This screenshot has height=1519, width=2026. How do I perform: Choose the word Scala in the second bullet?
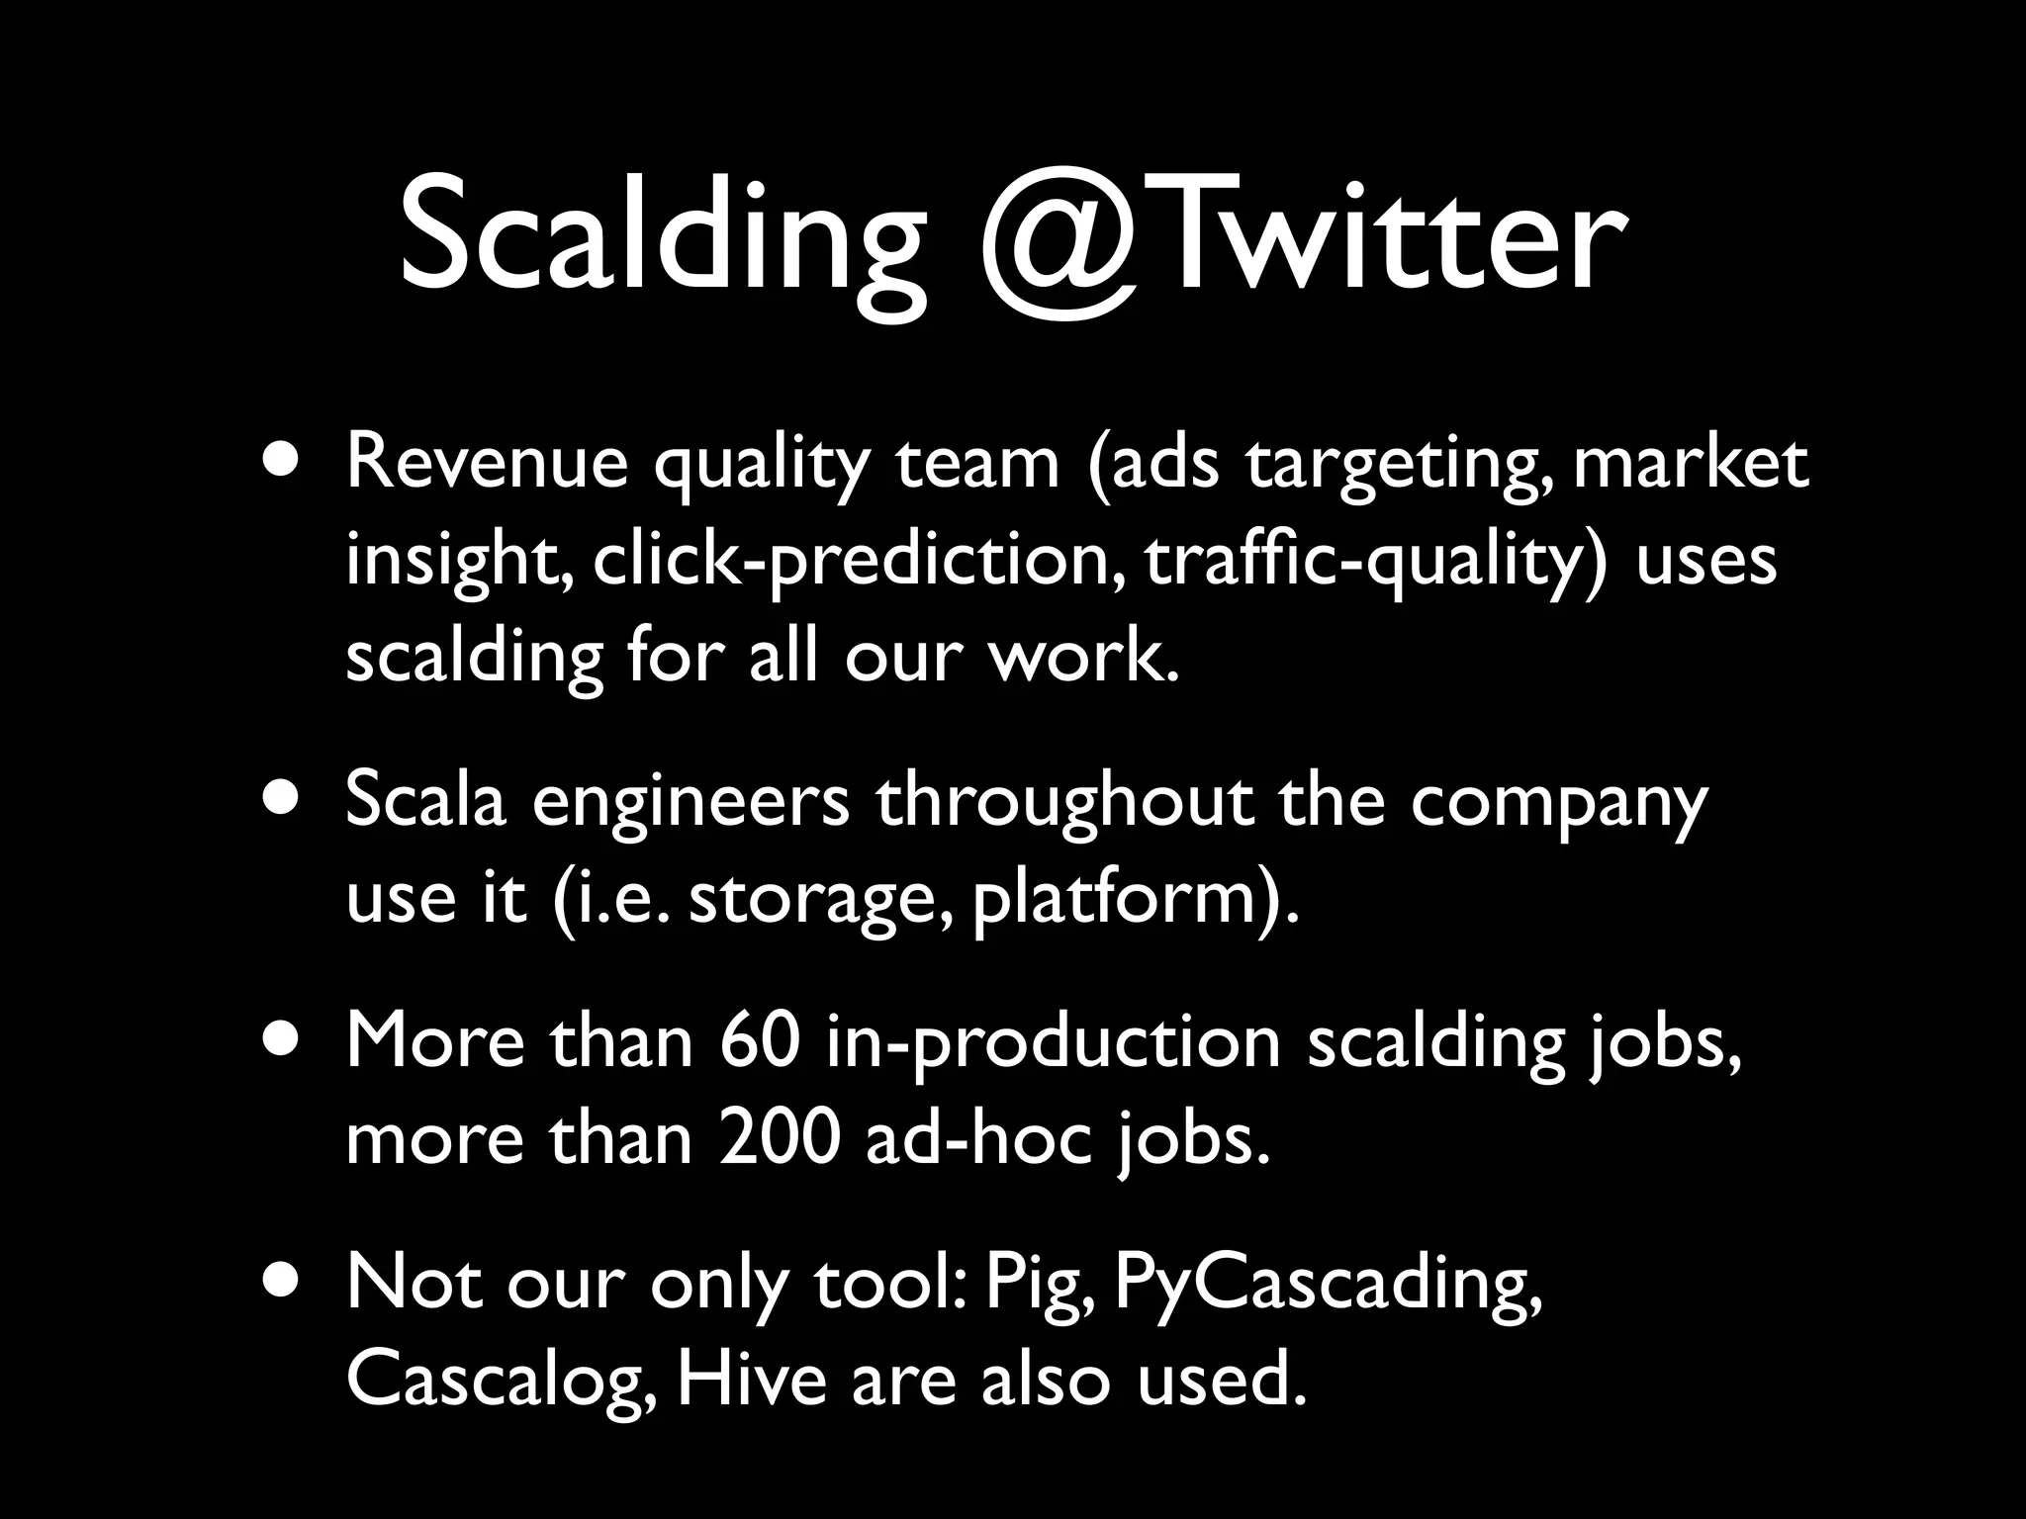[425, 801]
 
